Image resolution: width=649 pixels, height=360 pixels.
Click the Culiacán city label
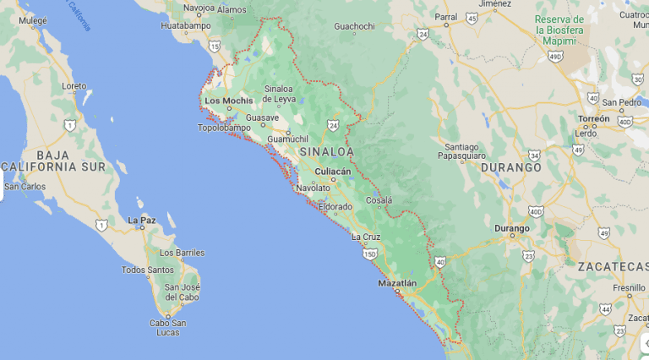pos(332,171)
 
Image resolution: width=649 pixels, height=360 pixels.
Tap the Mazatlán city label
pos(398,283)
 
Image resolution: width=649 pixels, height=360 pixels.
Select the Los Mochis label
pos(228,101)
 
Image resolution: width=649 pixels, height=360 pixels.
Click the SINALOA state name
pos(325,151)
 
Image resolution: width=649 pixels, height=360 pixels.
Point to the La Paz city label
pos(141,220)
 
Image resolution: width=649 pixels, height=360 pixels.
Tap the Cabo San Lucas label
pos(167,327)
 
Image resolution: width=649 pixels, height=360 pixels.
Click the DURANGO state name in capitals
pos(510,167)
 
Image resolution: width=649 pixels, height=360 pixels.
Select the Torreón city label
pos(594,119)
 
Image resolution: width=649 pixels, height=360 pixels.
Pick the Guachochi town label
pos(354,26)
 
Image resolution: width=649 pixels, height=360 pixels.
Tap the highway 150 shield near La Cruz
pos(369,254)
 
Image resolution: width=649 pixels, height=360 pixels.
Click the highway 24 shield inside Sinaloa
pos(333,126)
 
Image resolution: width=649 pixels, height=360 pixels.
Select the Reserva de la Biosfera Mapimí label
pos(560,29)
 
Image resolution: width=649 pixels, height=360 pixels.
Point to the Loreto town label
pos(74,86)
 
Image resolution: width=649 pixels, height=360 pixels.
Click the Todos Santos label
pos(148,270)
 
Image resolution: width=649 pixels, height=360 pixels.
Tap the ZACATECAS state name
pos(612,266)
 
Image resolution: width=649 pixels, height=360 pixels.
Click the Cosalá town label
pos(379,200)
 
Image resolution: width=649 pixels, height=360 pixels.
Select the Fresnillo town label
pos(630,288)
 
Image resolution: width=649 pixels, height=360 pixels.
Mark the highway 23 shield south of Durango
pos(528,255)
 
